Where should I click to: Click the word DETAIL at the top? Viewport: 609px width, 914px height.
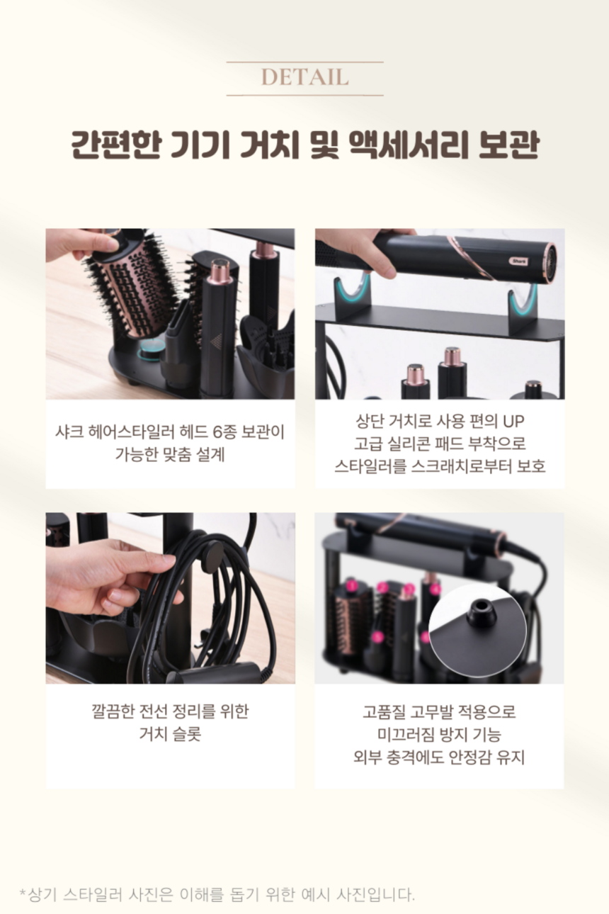pos(304,77)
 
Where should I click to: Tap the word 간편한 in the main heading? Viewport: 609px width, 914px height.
pos(115,145)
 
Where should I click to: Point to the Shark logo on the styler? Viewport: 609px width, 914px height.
pos(518,261)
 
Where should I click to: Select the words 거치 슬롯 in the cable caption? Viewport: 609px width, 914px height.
pos(170,735)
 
